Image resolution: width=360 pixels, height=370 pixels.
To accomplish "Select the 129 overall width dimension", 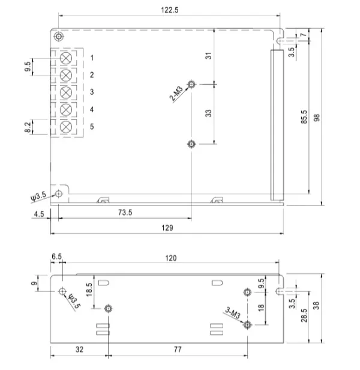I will click(168, 227).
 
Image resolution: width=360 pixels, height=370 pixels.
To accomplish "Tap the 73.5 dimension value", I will click(125, 213).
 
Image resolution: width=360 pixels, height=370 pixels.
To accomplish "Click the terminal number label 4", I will click(92, 109).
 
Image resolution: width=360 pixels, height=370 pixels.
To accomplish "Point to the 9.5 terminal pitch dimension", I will click(28, 67).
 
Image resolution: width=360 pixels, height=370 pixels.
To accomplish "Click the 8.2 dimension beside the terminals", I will click(28, 127).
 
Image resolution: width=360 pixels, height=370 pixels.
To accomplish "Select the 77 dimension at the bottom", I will click(178, 348).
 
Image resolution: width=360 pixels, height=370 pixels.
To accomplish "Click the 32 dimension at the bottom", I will click(79, 348).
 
